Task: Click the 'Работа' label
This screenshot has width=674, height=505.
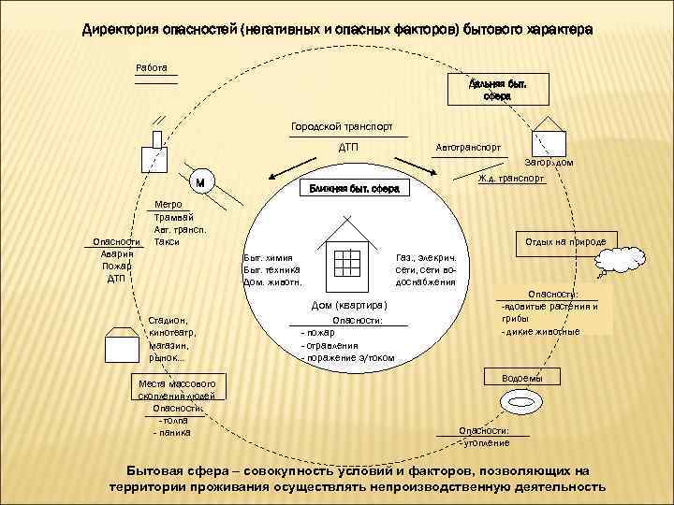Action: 152,68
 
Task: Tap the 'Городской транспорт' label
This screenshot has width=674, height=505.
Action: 342,126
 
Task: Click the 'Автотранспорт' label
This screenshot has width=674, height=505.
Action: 468,147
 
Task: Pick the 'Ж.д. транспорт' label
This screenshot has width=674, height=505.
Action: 511,177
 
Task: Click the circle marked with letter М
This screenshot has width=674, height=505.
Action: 202,182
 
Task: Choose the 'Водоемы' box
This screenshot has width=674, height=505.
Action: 518,378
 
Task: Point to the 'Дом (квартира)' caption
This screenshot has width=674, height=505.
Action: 348,305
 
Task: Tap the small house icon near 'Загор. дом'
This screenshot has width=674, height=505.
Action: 549,137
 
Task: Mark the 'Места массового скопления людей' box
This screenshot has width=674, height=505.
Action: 177,390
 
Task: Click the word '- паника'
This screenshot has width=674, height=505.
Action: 171,432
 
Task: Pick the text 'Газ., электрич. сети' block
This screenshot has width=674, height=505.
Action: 426,268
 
